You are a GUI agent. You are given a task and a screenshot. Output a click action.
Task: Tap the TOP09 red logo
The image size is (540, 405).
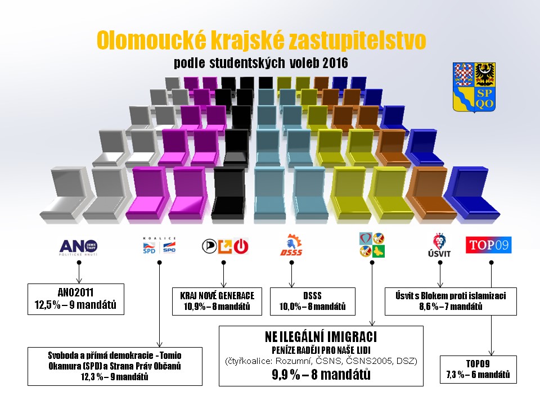(x=489, y=245)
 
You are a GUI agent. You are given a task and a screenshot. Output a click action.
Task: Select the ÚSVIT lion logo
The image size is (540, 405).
(x=439, y=245)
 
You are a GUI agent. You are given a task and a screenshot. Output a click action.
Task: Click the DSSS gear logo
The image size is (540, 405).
(x=291, y=245)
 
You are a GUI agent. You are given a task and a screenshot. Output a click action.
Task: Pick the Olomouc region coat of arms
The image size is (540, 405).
(x=474, y=88)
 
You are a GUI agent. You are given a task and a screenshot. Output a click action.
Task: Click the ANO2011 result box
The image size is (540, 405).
(x=76, y=299)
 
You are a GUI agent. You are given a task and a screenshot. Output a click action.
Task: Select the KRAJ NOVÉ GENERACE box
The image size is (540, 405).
(x=217, y=301)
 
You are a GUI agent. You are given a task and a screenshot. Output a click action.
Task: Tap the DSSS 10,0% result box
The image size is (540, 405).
(x=312, y=301)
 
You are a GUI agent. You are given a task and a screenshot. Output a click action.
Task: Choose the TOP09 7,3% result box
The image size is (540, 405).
(x=478, y=369)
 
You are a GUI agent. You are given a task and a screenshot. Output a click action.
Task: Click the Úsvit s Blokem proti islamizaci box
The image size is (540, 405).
(x=451, y=301)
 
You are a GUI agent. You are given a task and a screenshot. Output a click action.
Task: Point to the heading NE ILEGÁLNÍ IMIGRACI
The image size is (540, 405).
(x=321, y=337)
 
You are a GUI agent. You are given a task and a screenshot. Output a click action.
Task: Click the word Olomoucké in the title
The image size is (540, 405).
(x=151, y=40)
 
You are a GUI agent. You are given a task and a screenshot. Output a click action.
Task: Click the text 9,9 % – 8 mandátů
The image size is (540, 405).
(x=321, y=375)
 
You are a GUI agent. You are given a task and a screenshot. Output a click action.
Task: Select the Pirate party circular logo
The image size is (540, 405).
(x=209, y=246)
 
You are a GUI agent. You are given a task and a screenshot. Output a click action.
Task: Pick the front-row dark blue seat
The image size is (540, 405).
(x=472, y=193)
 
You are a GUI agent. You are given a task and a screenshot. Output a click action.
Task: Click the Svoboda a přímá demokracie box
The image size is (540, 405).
(x=115, y=366)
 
